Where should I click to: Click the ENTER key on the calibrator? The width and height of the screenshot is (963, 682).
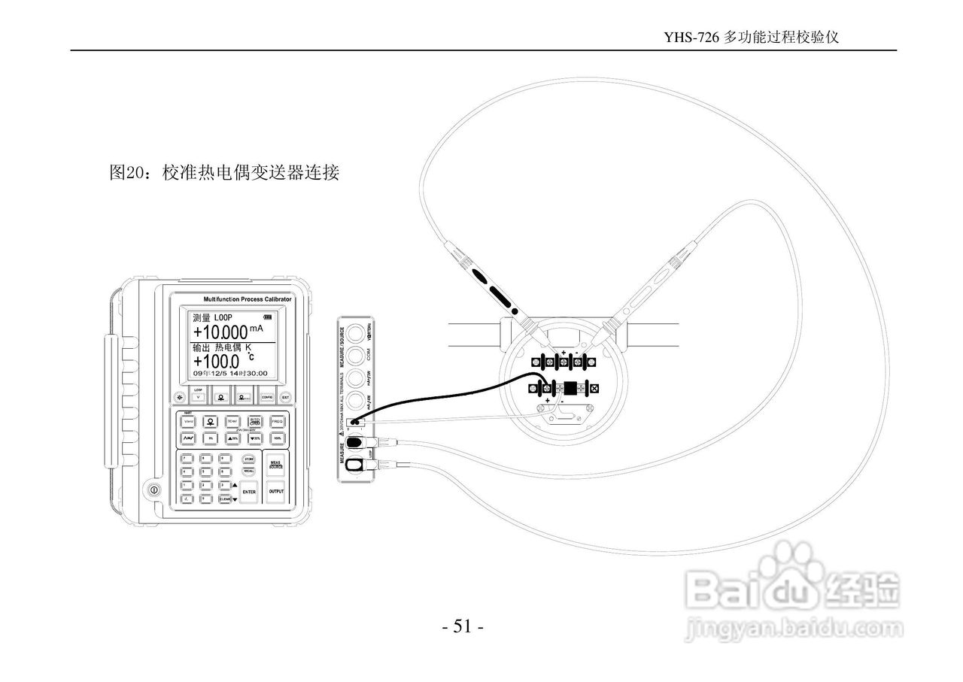[249, 493]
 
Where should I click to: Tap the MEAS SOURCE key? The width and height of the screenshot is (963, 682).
[275, 465]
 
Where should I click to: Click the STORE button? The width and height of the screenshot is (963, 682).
[249, 459]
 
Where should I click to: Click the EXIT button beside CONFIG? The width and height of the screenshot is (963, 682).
[285, 397]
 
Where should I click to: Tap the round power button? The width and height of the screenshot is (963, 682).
[154, 490]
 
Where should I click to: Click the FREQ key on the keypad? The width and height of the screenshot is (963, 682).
[278, 422]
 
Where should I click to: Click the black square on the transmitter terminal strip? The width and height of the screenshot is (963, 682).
[571, 389]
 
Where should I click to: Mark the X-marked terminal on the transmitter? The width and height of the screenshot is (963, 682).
[596, 389]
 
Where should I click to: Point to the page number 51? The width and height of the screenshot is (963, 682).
[462, 626]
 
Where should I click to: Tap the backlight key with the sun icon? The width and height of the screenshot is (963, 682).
[179, 397]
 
